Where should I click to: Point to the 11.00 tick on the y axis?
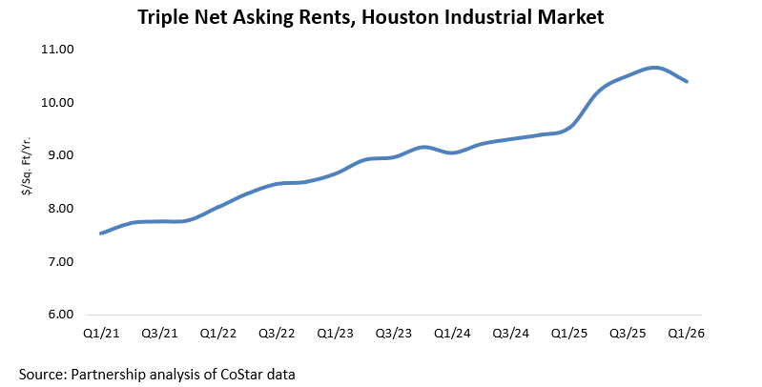tap(63, 49)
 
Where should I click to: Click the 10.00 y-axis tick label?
tap(63, 102)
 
